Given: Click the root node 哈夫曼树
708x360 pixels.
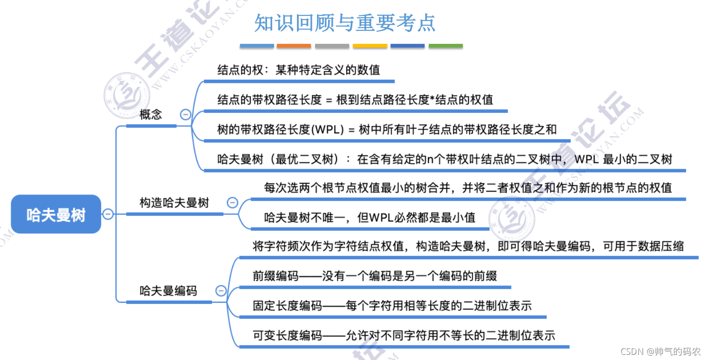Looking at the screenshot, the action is click(56, 214).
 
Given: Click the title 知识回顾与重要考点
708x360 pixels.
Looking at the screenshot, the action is click(344, 22).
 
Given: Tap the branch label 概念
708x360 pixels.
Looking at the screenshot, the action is click(151, 115).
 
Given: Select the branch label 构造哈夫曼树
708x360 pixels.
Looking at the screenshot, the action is click(174, 203).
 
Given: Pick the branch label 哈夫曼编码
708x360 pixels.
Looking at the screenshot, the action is click(168, 291).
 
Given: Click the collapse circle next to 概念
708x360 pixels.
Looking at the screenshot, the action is click(186, 115).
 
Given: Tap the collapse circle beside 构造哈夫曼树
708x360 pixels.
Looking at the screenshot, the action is click(232, 203).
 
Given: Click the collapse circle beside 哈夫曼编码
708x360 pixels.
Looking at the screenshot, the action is click(221, 291).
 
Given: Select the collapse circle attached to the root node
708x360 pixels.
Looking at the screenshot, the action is click(108, 214).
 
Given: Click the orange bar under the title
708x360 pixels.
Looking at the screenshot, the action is click(294, 46).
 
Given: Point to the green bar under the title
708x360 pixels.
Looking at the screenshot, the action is click(446, 46).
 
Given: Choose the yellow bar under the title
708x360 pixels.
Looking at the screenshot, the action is click(370, 46).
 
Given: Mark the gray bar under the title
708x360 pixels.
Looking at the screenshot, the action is click(332, 46).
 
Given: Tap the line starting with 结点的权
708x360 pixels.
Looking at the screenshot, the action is click(299, 70).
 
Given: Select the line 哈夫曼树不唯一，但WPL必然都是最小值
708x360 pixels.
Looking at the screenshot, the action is click(370, 217).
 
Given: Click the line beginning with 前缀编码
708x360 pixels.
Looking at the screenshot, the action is click(375, 276).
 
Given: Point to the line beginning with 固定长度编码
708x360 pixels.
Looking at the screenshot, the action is click(392, 305).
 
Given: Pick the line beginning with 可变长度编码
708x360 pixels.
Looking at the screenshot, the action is click(404, 335).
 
